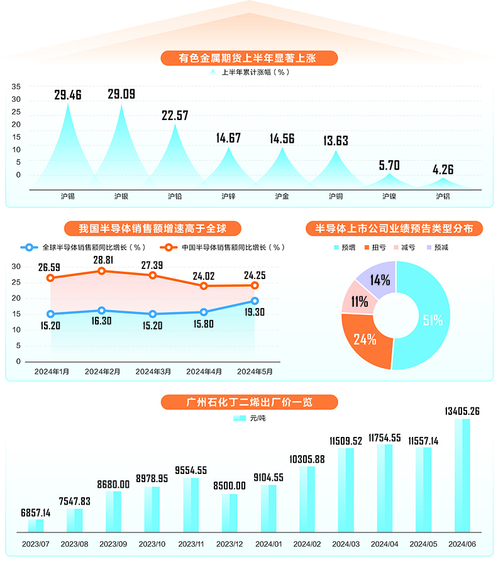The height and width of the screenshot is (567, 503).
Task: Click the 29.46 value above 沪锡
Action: (68, 96)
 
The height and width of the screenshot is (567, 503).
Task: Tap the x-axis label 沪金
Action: (282, 196)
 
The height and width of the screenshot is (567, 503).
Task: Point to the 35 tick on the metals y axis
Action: (16, 87)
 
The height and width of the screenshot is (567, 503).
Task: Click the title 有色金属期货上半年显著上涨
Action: (249, 58)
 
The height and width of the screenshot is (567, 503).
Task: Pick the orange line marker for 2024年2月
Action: (102, 271)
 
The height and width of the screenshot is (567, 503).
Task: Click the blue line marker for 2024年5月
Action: (255, 301)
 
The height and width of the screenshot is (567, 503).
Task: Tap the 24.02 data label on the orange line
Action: (203, 275)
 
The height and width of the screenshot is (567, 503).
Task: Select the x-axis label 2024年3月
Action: (153, 372)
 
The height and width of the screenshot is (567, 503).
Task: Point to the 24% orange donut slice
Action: (364, 340)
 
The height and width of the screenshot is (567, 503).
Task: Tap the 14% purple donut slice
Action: (380, 279)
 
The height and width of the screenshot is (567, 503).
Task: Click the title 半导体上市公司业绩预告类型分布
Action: (394, 228)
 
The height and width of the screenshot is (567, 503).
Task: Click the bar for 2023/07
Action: (36, 526)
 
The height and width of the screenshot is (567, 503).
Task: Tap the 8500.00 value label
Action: (229, 485)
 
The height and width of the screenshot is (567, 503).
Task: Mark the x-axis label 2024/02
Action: (307, 543)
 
